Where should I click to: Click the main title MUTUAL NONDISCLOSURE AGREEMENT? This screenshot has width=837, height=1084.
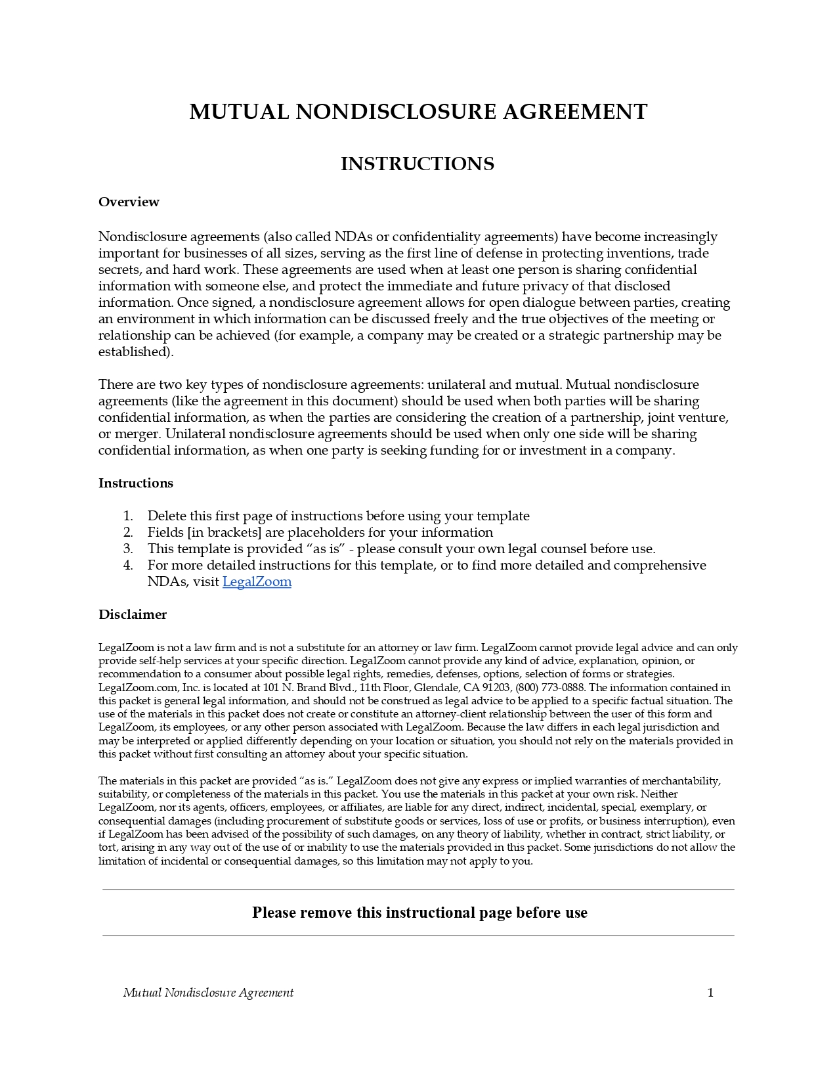tap(418, 112)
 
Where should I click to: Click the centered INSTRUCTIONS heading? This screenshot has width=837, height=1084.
tap(418, 164)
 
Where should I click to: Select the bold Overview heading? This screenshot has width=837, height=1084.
tap(129, 202)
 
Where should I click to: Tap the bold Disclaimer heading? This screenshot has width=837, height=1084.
tap(133, 614)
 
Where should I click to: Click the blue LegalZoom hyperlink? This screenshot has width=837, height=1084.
tap(257, 581)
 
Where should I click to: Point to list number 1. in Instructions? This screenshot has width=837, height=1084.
tap(128, 516)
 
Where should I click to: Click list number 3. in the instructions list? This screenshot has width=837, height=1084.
tap(128, 549)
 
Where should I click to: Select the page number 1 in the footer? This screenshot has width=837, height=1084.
tap(710, 993)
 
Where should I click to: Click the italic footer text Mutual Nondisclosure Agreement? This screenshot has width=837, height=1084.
tap(208, 993)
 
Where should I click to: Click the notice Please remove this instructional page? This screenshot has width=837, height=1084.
tap(419, 913)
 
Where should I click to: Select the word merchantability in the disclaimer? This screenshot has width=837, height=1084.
tap(681, 780)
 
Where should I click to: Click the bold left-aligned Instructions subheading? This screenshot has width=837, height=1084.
tap(136, 483)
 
